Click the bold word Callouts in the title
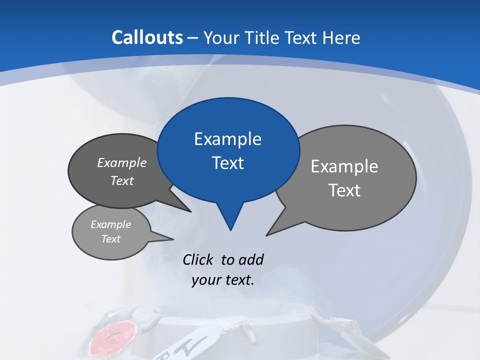click(x=147, y=37)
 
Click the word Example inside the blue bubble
click(x=227, y=139)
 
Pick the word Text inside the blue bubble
click(x=227, y=163)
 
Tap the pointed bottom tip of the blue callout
click(x=230, y=229)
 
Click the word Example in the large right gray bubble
click(x=344, y=166)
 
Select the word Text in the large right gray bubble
click(x=344, y=190)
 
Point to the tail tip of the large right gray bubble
click(x=267, y=234)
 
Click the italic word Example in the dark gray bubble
click(x=122, y=162)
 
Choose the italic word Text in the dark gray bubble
click(x=122, y=180)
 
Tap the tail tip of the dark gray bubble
click(x=190, y=211)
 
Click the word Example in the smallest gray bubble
click(x=110, y=224)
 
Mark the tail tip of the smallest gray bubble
click(x=173, y=238)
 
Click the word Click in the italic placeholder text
click(x=198, y=260)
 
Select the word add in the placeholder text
click(x=251, y=260)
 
